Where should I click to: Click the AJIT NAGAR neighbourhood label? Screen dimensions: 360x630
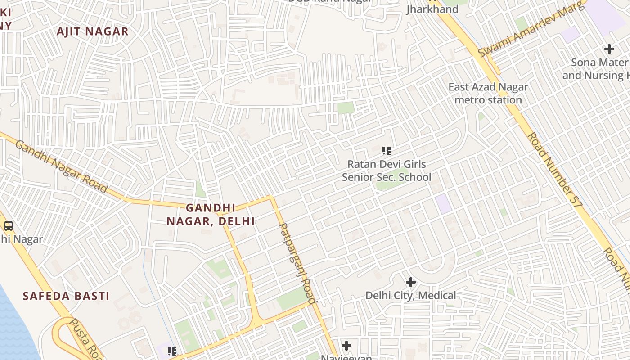tap(93, 31)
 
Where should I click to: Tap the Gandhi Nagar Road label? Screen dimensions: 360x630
tap(61, 166)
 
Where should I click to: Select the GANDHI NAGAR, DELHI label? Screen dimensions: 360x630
tap(211, 215)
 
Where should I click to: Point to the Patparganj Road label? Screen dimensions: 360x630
tap(297, 263)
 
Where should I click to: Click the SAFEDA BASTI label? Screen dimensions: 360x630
tap(66, 296)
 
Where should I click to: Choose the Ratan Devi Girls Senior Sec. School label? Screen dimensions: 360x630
tap(387, 171)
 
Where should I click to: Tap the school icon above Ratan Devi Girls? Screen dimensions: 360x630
tap(387, 151)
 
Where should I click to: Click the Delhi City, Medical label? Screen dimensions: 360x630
tap(410, 296)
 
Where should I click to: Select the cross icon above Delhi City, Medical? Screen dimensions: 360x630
tap(410, 282)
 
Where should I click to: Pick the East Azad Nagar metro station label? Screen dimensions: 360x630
tap(488, 93)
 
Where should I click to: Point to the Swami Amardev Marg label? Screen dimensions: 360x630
tap(533, 29)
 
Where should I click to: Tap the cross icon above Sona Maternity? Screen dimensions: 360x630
tap(609, 49)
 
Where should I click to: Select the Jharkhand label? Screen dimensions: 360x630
tap(432, 9)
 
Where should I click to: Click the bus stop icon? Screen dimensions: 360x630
tap(9, 225)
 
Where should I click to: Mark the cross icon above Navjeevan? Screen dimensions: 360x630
tap(346, 346)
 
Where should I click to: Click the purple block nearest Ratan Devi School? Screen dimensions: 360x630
tap(443, 204)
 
